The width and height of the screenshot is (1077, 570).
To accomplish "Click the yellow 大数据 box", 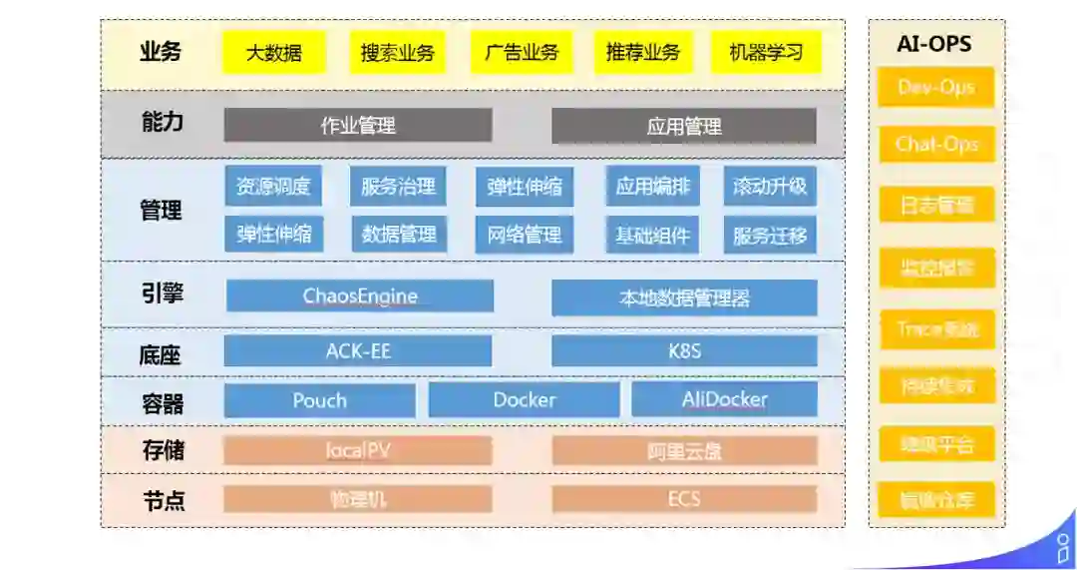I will point(273,53).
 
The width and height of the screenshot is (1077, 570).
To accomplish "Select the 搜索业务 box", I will point(397,53).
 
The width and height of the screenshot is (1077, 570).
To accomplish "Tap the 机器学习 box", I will point(766,53).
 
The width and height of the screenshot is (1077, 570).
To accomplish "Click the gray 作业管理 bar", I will point(358,126).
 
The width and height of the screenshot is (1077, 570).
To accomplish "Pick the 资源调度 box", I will point(273,187).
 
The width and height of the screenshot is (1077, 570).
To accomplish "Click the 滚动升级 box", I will point(770,187).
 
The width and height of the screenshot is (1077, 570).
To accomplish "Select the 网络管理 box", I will point(525,236).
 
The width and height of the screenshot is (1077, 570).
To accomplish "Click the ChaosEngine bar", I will point(360,296).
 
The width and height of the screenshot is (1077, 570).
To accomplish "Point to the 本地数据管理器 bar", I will point(684,297).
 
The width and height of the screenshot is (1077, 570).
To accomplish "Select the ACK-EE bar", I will point(358,350).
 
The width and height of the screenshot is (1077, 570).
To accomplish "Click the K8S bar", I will point(684,351).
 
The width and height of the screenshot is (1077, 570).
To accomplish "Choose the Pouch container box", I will point(319,400).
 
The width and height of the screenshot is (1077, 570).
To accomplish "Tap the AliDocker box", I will point(724,400).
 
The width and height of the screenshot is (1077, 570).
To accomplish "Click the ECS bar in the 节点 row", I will point(684,499).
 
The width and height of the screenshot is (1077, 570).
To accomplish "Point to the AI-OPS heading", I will point(934,44).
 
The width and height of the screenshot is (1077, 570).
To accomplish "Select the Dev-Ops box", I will point(935,87).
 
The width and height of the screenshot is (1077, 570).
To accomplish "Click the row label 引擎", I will point(162,294).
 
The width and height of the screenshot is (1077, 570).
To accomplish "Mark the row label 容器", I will point(162,403).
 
